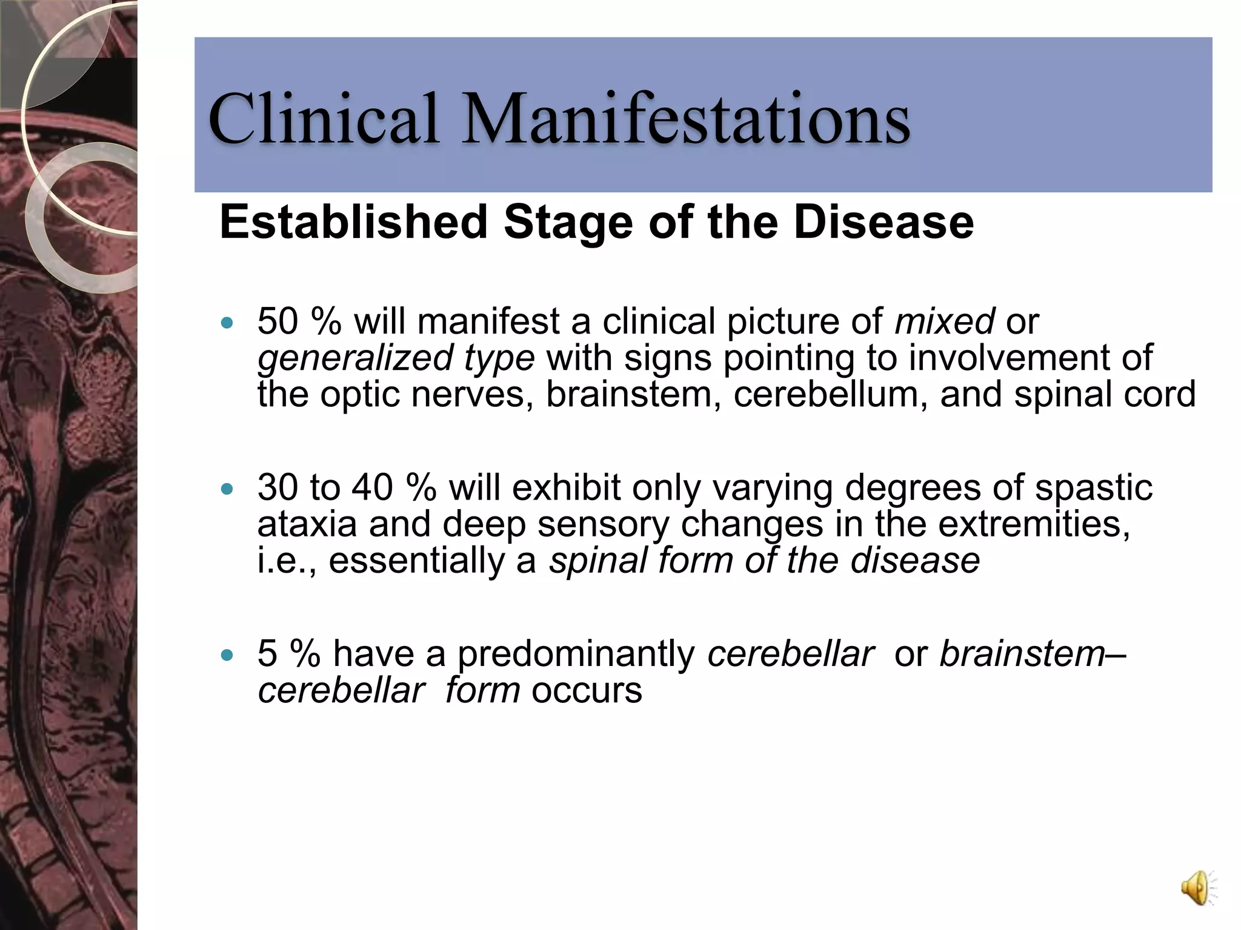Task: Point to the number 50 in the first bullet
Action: [x=278, y=321]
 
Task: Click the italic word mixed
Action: [x=944, y=321]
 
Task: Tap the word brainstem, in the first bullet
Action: [x=634, y=394]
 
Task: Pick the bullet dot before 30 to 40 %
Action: [x=227, y=489]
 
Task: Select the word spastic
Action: [x=1093, y=487]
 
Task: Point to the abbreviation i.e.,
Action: [x=287, y=561]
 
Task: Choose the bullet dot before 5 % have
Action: [x=227, y=655]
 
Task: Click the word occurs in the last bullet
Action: [x=586, y=690]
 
